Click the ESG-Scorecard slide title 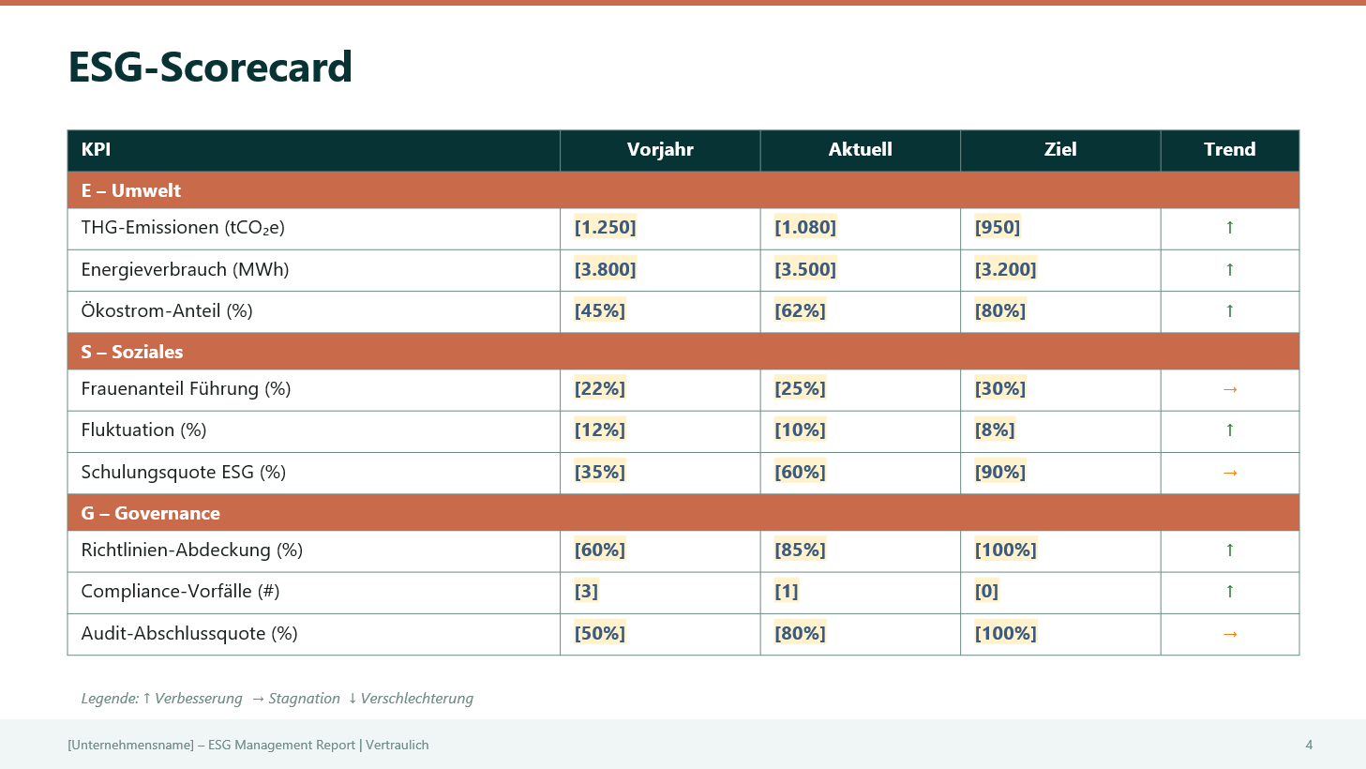pyautogui.click(x=210, y=68)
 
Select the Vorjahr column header pyautogui.click(x=660, y=150)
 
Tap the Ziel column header pyautogui.click(x=1060, y=150)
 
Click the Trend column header pyautogui.click(x=1229, y=150)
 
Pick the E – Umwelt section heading pyautogui.click(x=131, y=190)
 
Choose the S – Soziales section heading pyautogui.click(x=132, y=352)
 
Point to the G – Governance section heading pyautogui.click(x=151, y=513)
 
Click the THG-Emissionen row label pyautogui.click(x=183, y=228)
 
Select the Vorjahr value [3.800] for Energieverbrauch pyautogui.click(x=605, y=269)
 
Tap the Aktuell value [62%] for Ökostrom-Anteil pyautogui.click(x=800, y=310)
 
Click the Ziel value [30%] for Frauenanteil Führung pyautogui.click(x=1000, y=388)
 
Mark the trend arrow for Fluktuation pyautogui.click(x=1229, y=430)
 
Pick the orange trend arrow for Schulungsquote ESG pyautogui.click(x=1230, y=473)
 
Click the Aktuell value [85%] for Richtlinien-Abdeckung pyautogui.click(x=800, y=550)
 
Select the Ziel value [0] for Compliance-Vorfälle pyautogui.click(x=986, y=591)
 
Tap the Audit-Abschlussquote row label pyautogui.click(x=189, y=634)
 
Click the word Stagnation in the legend pyautogui.click(x=304, y=699)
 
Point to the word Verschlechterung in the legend pyautogui.click(x=416, y=699)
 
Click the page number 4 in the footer pyautogui.click(x=1309, y=745)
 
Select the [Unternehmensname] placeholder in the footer pyautogui.click(x=130, y=745)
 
